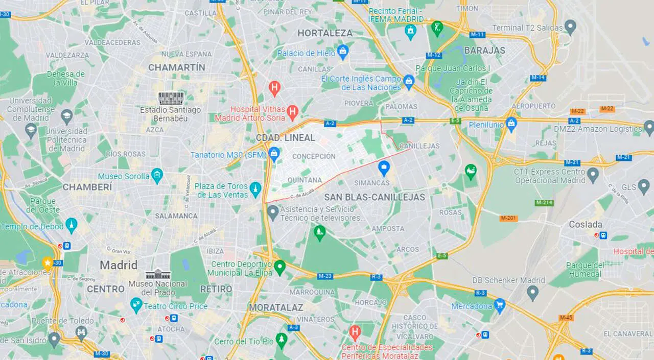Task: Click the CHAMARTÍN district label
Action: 176,67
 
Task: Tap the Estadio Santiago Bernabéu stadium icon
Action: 171,99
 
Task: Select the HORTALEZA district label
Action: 325,33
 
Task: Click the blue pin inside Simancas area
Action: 384,166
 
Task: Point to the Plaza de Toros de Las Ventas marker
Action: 255,189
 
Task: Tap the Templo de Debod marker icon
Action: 72,225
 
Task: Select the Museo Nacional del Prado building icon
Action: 158,274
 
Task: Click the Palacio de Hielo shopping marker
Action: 343,51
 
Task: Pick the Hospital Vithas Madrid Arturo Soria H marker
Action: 292,111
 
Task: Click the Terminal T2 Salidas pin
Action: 571,27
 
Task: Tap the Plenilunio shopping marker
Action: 511,124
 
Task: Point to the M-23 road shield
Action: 325,276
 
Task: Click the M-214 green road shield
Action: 544,203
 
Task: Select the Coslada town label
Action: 586,224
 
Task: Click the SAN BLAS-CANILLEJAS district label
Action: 375,197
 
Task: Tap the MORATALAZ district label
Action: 275,307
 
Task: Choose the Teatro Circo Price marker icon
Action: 136,305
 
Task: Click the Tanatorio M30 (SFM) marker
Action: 274,153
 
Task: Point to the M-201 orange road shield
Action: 509,218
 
